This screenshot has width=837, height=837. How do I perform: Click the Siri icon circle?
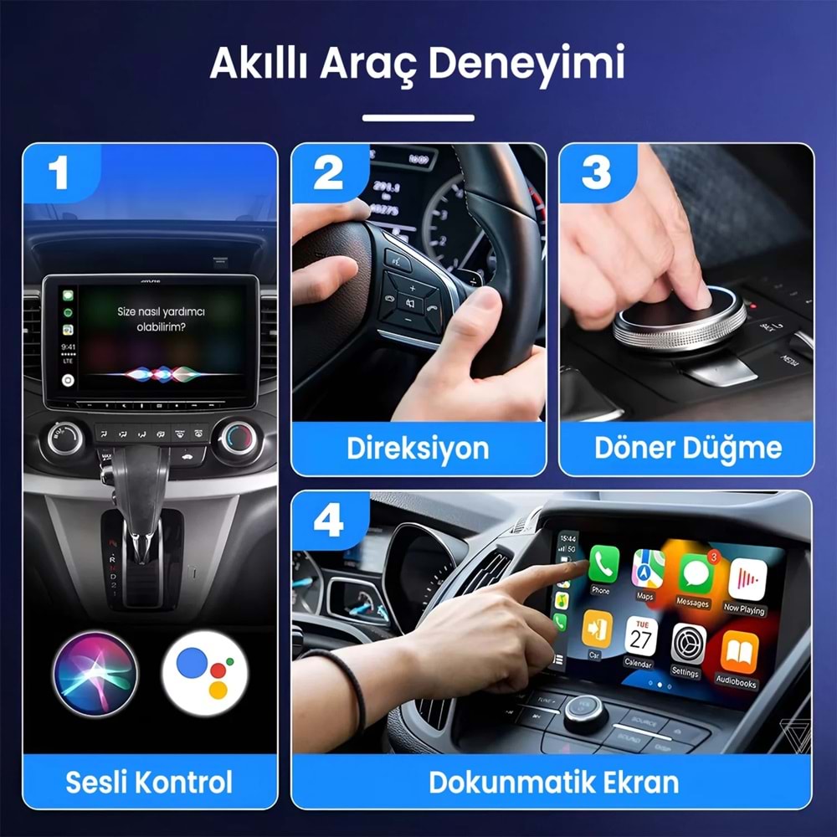(92, 673)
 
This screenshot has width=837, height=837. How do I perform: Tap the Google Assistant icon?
(204, 673)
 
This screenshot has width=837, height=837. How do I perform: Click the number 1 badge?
(58, 174)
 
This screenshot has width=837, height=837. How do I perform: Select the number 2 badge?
(328, 174)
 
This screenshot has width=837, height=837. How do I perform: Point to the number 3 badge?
(596, 174)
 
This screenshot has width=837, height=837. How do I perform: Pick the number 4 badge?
(328, 521)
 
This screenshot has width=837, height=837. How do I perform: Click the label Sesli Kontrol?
(150, 782)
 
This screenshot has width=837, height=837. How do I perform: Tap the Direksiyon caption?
(418, 448)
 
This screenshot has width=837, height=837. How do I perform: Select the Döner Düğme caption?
(688, 448)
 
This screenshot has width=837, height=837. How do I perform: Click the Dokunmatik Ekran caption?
(553, 782)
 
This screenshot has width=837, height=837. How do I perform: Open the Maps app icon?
(648, 569)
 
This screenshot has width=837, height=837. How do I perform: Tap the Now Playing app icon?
(747, 579)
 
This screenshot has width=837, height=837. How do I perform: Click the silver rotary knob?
(679, 318)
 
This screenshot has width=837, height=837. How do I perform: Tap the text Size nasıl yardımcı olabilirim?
(161, 318)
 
